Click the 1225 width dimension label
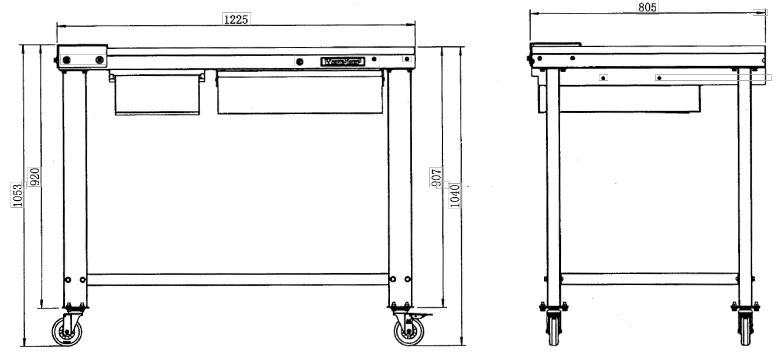click(237, 19)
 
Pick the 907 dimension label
click(437, 177)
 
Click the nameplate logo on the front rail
click(342, 61)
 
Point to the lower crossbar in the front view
click(237, 279)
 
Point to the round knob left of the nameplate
click(300, 61)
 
